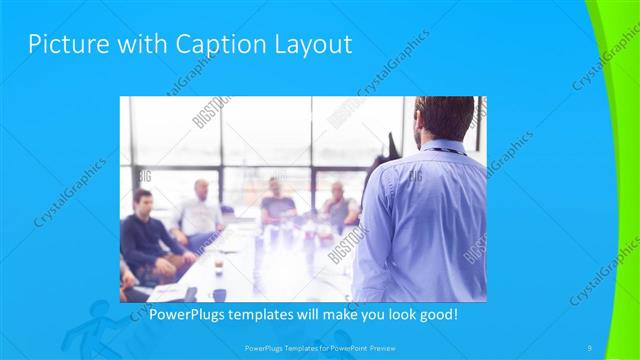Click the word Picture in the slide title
[x=63, y=44]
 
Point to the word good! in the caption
[x=436, y=315]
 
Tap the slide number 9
[x=590, y=347]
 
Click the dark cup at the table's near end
[x=219, y=294]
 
